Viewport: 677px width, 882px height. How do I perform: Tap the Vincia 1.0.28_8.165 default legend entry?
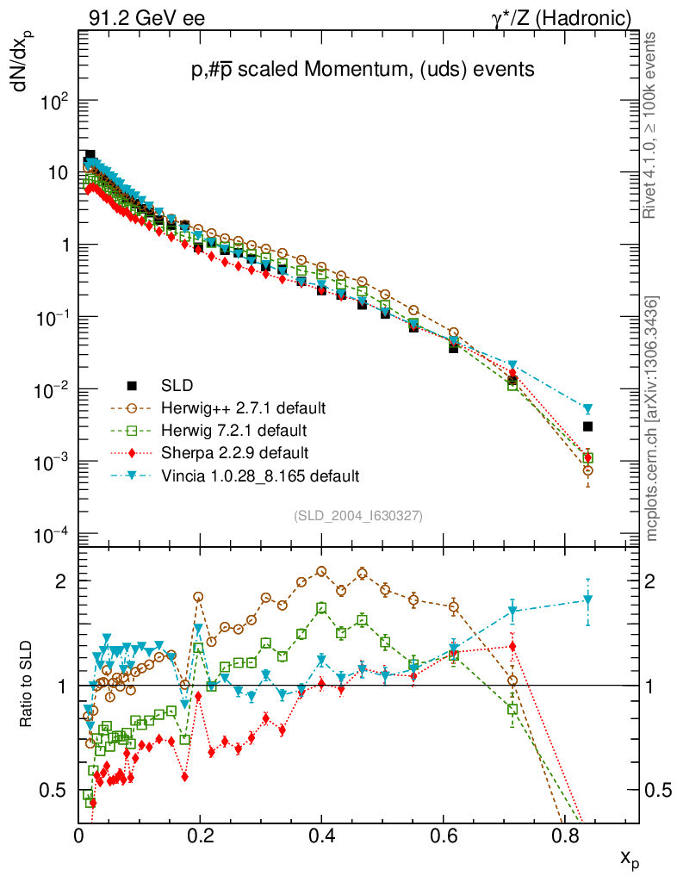pyautogui.click(x=259, y=475)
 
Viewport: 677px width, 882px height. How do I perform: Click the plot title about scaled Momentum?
pyautogui.click(x=363, y=71)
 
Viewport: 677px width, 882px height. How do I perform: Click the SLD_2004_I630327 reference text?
pyautogui.click(x=357, y=515)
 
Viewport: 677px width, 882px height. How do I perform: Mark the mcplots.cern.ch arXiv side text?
pyautogui.click(x=654, y=419)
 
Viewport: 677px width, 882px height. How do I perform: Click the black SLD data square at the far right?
pyautogui.click(x=587, y=426)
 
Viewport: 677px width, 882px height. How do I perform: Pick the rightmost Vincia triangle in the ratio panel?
pyautogui.click(x=587, y=599)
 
